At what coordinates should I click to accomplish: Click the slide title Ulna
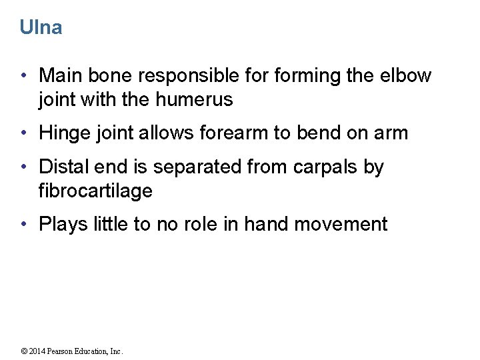click(41, 27)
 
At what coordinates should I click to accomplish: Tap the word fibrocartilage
click(95, 191)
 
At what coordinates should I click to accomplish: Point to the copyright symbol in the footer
click(25, 351)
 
